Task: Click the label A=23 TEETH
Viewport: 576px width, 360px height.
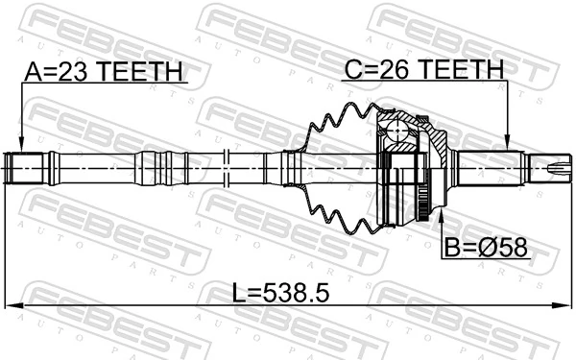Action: coord(104,73)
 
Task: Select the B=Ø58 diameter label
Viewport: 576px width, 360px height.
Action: coord(486,247)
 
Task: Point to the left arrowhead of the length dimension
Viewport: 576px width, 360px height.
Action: coord(12,306)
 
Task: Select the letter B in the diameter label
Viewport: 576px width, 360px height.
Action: coord(451,247)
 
